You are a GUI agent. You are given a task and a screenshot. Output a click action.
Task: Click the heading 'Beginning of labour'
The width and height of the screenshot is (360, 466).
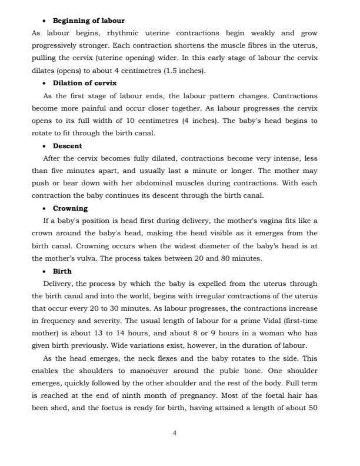[x=88, y=21]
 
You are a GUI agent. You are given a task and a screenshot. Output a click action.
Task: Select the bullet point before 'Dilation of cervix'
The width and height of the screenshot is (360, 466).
[x=45, y=83]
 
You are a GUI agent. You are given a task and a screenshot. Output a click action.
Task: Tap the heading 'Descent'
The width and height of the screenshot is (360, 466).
[x=68, y=146]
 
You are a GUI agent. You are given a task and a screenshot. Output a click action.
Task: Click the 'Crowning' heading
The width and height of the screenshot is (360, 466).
[x=70, y=208]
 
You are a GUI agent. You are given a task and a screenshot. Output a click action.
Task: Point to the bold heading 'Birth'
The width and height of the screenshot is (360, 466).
[x=62, y=271]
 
